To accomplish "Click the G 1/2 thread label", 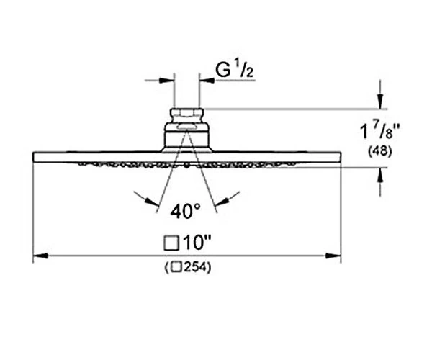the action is pyautogui.click(x=235, y=70).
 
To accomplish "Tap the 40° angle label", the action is pyautogui.click(x=185, y=211).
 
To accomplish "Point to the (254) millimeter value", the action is pyautogui.click(x=189, y=267).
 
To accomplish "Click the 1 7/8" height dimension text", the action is pyautogui.click(x=379, y=131).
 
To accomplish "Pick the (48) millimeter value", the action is pyautogui.click(x=379, y=151).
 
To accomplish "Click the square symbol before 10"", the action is pyautogui.click(x=171, y=243).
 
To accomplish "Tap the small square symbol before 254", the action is pyautogui.click(x=176, y=267).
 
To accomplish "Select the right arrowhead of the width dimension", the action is pyautogui.click(x=333, y=256).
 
